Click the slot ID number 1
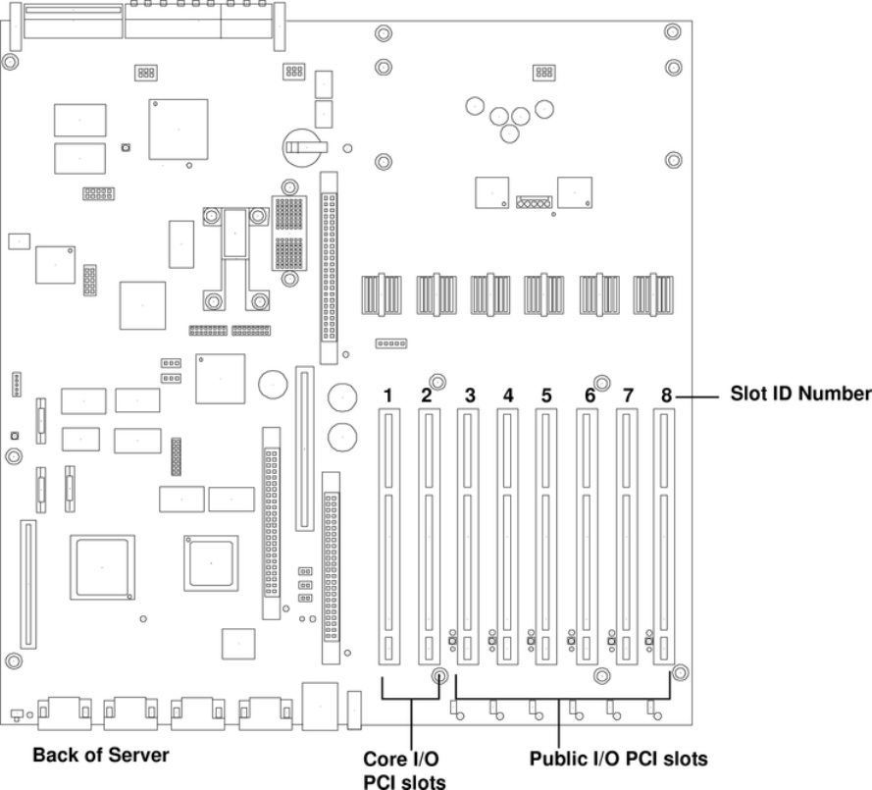point(388,395)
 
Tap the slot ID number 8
point(666,395)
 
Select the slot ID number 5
point(546,395)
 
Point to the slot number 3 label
point(470,395)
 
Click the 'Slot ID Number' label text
point(800,394)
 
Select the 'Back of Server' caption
point(101,755)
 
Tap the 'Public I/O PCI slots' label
point(618,759)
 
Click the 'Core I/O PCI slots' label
point(404,770)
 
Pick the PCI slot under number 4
point(507,537)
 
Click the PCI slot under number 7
point(627,537)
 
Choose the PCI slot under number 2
point(430,537)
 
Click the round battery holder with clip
point(302,147)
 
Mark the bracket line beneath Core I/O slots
point(411,699)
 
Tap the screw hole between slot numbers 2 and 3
point(437,382)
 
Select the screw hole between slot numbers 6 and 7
point(601,383)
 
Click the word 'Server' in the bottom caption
point(139,755)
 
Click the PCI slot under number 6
point(587,537)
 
